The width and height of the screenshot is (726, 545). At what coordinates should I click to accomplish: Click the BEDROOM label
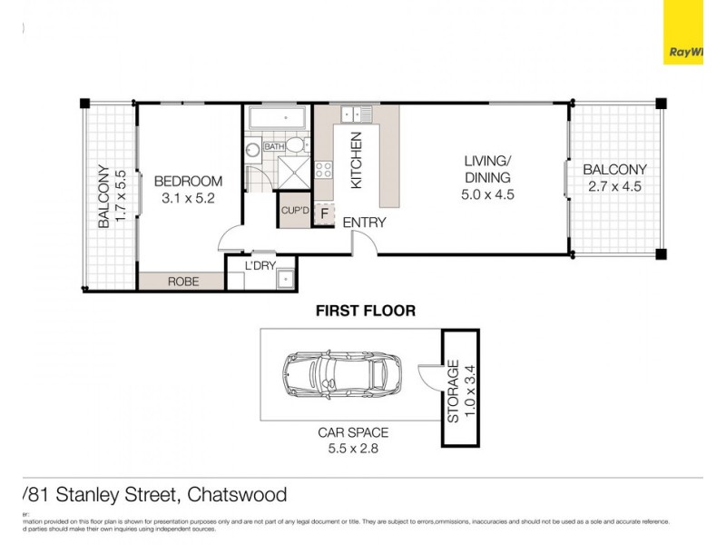coord(188,181)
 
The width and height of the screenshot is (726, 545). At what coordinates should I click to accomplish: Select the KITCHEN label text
coord(357,161)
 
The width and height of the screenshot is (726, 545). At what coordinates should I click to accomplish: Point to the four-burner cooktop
coord(323,169)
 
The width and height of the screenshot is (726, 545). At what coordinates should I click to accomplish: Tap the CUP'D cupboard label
coord(295,211)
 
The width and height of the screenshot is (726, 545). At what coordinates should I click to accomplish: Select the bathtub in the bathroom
coord(278,118)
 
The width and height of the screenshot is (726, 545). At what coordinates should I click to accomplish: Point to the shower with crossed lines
coord(293,172)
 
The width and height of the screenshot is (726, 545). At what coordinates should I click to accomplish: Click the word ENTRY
coord(365,223)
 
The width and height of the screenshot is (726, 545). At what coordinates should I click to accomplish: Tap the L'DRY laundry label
coord(260,265)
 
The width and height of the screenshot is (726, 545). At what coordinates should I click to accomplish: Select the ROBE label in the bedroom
coord(182,282)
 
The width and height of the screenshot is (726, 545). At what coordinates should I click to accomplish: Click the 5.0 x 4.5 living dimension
coord(487,193)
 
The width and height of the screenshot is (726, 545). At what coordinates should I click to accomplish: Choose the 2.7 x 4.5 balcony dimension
coord(614,186)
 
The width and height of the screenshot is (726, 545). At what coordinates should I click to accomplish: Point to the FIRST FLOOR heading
coord(365,311)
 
